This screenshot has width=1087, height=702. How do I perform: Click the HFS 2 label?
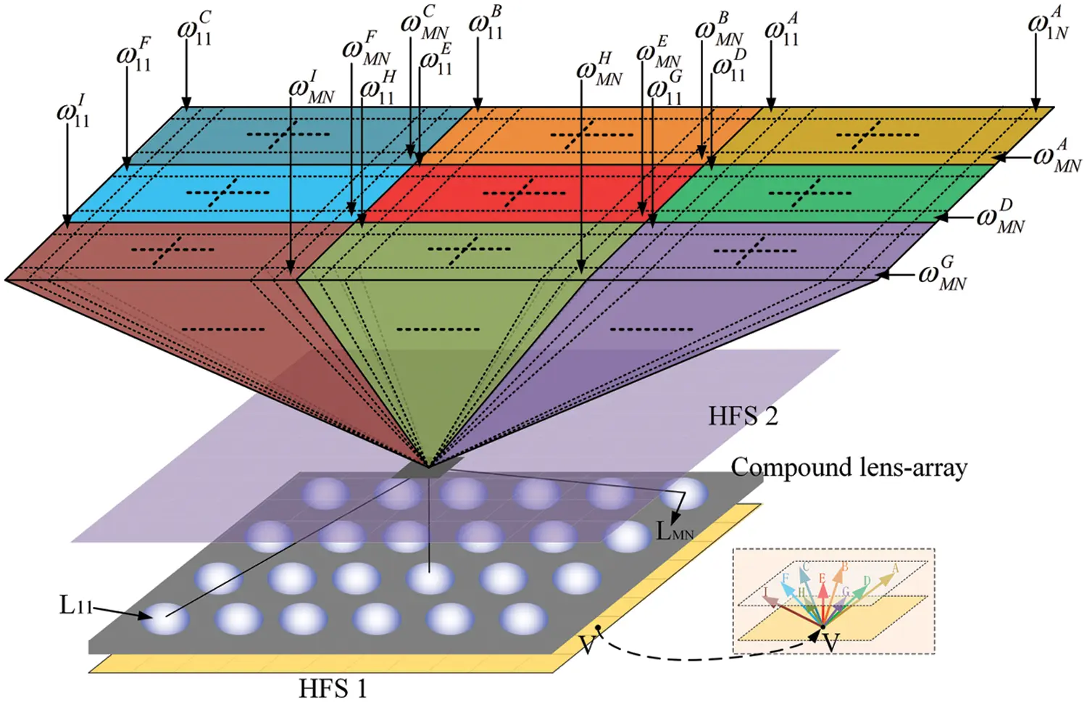(742, 416)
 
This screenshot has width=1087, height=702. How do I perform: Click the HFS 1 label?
(333, 687)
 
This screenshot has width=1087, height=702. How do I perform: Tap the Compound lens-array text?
(849, 468)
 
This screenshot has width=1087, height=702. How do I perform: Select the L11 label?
(75, 606)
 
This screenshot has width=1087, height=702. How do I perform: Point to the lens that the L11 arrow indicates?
(166, 619)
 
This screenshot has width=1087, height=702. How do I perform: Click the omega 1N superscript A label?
(1048, 23)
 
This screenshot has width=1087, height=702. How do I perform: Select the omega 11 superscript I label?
(73, 112)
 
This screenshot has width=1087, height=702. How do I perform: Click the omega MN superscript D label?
(1001, 217)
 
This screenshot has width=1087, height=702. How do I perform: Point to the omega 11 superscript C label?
(195, 29)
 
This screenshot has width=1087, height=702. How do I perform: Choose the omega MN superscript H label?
(599, 70)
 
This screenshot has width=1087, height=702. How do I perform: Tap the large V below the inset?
(830, 643)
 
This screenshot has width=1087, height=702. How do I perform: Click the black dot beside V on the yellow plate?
(598, 627)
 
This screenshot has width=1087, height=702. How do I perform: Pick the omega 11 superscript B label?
(486, 23)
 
